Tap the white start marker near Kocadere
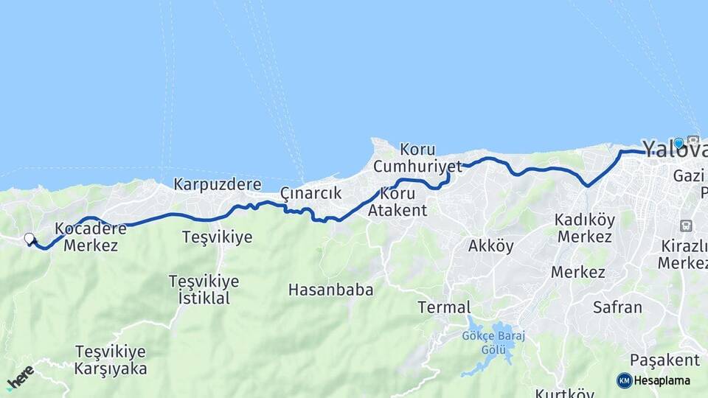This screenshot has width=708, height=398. point(29,239)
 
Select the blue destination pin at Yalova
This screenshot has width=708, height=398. point(678,142)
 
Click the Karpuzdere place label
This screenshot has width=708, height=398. point(218,184)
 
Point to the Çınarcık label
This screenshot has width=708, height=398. point(310,193)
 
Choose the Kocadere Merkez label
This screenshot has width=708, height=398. point(91,237)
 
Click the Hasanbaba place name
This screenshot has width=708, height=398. point(330,290)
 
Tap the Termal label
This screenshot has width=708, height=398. point(443,307)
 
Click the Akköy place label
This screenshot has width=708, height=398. point(490,246)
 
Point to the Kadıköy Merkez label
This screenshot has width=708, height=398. point(585,228)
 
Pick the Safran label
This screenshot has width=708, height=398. point(617,307)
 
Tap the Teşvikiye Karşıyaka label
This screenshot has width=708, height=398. point(111,360)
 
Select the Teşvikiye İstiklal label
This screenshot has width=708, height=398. point(204,290)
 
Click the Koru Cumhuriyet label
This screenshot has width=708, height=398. point(417,158)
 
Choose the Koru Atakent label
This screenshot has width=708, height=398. point(398,201)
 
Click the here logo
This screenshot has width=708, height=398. point(20,378)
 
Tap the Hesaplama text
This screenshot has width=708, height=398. point(662,380)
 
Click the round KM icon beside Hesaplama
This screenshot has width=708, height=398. point(625,380)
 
